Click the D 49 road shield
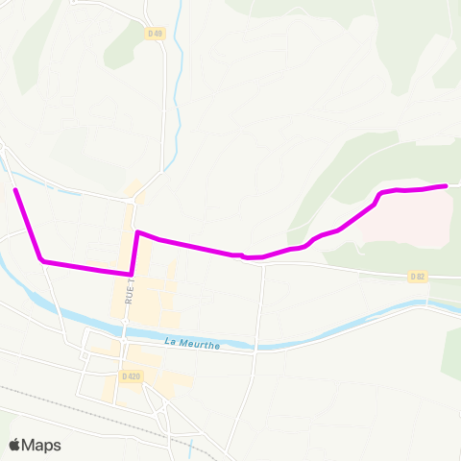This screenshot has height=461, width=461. point(155,34)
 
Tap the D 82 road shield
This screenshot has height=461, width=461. point(417,277)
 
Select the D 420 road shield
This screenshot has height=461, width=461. point(132,376)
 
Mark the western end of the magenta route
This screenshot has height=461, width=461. point(16,190)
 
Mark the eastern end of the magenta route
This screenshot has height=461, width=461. point(446,185)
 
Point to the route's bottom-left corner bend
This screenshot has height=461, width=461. point(41,259)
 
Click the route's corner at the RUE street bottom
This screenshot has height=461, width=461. point(131,273)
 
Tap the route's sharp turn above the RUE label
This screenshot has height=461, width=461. point(138,232)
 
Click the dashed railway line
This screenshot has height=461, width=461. point(58,403)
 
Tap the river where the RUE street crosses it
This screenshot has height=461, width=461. point(125,325)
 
